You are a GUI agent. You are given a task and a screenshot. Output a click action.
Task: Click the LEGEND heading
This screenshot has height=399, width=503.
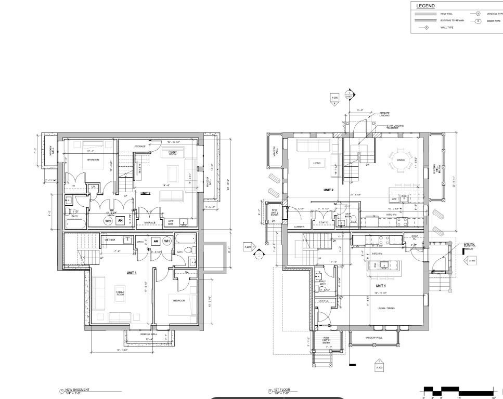[425, 6]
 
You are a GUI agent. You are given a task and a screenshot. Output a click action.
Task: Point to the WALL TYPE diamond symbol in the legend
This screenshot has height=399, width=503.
[427, 27]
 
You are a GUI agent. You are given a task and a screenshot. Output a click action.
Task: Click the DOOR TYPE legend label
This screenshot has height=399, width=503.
[494, 21]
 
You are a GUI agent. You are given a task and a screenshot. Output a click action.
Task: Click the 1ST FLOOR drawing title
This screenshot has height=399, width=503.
[281, 389]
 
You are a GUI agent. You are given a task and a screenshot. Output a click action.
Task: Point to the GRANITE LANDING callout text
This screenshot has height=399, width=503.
[384, 114]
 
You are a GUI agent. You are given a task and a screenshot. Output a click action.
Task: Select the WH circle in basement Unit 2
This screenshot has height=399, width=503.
[108, 221]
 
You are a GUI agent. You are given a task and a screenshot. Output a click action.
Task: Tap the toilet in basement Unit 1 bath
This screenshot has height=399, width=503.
[191, 262]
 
